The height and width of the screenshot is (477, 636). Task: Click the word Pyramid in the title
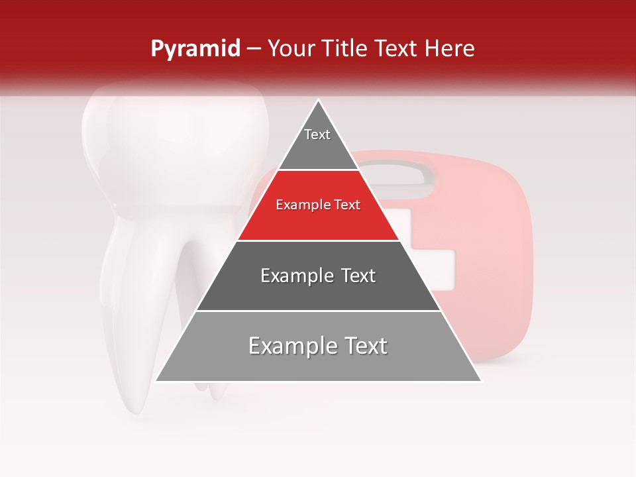[195, 48]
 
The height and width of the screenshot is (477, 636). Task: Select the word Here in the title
[450, 48]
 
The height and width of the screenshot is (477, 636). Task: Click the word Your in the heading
[289, 48]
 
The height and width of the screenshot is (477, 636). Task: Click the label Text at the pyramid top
[317, 134]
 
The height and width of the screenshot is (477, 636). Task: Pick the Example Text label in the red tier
[318, 205]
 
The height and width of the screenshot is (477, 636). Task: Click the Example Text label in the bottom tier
[318, 346]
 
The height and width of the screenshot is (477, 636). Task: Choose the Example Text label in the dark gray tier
[318, 276]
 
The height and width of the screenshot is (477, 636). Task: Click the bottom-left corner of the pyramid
[156, 380]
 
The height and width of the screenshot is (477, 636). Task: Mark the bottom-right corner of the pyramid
[481, 380]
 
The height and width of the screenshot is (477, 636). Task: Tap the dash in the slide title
[254, 48]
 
